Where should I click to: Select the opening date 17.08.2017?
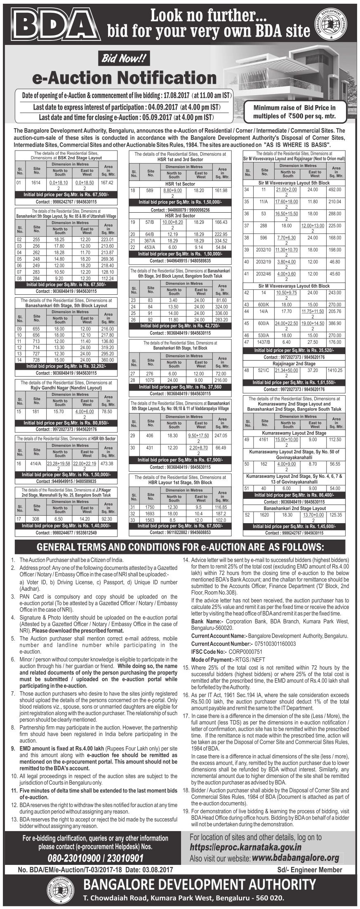pos(175,96)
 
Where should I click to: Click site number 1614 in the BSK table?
pos(36,182)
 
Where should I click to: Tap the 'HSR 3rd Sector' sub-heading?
pos(180,216)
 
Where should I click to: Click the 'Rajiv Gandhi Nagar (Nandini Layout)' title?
pos(66,388)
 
